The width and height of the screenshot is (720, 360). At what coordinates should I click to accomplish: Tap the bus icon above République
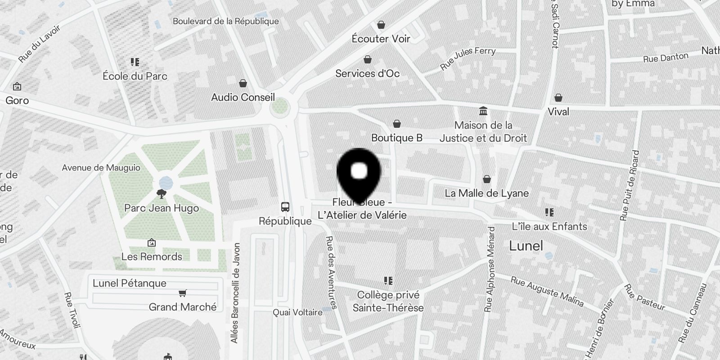click(x=285, y=207)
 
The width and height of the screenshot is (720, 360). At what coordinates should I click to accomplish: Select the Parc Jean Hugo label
click(x=162, y=208)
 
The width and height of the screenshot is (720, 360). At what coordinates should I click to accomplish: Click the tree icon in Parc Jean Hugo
click(x=161, y=194)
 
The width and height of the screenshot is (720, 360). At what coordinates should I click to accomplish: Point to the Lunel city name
click(x=526, y=246)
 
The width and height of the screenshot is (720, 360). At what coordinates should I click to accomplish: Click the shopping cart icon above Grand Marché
click(x=182, y=293)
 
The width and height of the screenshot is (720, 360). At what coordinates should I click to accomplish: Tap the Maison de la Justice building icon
click(x=483, y=111)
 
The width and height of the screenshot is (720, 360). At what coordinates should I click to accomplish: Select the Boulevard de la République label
click(x=225, y=21)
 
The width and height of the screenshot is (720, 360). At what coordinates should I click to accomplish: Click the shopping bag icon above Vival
click(x=558, y=98)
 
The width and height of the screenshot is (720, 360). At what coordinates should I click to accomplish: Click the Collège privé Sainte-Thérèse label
click(x=388, y=301)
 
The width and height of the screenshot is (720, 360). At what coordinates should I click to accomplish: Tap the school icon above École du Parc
click(x=135, y=62)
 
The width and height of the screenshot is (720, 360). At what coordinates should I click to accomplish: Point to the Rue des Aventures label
click(x=331, y=273)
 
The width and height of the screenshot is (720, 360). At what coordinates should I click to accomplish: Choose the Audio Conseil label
click(x=243, y=97)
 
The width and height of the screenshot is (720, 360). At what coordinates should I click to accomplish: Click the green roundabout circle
click(x=279, y=107)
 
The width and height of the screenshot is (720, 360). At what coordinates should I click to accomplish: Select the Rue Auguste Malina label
click(x=547, y=292)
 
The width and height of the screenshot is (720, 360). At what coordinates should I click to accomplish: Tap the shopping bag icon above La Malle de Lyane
click(x=486, y=180)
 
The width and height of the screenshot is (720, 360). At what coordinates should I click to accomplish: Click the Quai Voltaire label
click(x=297, y=312)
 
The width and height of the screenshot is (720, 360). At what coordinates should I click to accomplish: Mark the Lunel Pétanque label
click(x=130, y=283)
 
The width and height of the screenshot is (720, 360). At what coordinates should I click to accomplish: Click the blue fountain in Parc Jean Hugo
click(x=166, y=183)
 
